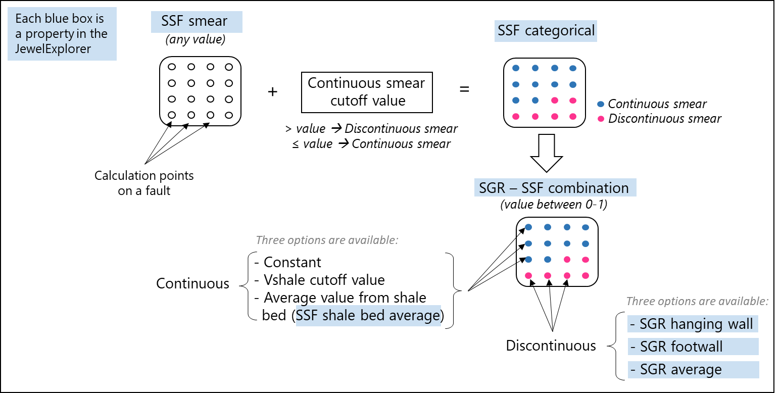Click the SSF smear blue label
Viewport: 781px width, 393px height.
click(197, 22)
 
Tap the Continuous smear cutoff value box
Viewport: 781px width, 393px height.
click(366, 91)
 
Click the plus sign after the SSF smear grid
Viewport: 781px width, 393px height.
click(273, 92)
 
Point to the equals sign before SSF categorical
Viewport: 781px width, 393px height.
click(464, 89)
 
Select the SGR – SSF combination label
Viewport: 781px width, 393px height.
click(554, 188)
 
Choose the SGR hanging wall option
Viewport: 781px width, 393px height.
click(693, 324)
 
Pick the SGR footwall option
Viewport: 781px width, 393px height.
click(693, 347)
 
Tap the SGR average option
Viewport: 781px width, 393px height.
click(693, 369)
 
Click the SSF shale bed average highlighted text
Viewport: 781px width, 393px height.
click(368, 316)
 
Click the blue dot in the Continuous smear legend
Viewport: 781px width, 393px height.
click(601, 104)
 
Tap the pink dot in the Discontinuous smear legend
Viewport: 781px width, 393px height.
click(601, 119)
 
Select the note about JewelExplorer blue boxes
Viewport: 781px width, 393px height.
click(62, 34)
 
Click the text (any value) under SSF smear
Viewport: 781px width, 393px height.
click(196, 38)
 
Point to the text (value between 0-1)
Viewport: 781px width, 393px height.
click(554, 205)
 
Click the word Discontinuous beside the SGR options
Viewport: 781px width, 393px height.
click(551, 346)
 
